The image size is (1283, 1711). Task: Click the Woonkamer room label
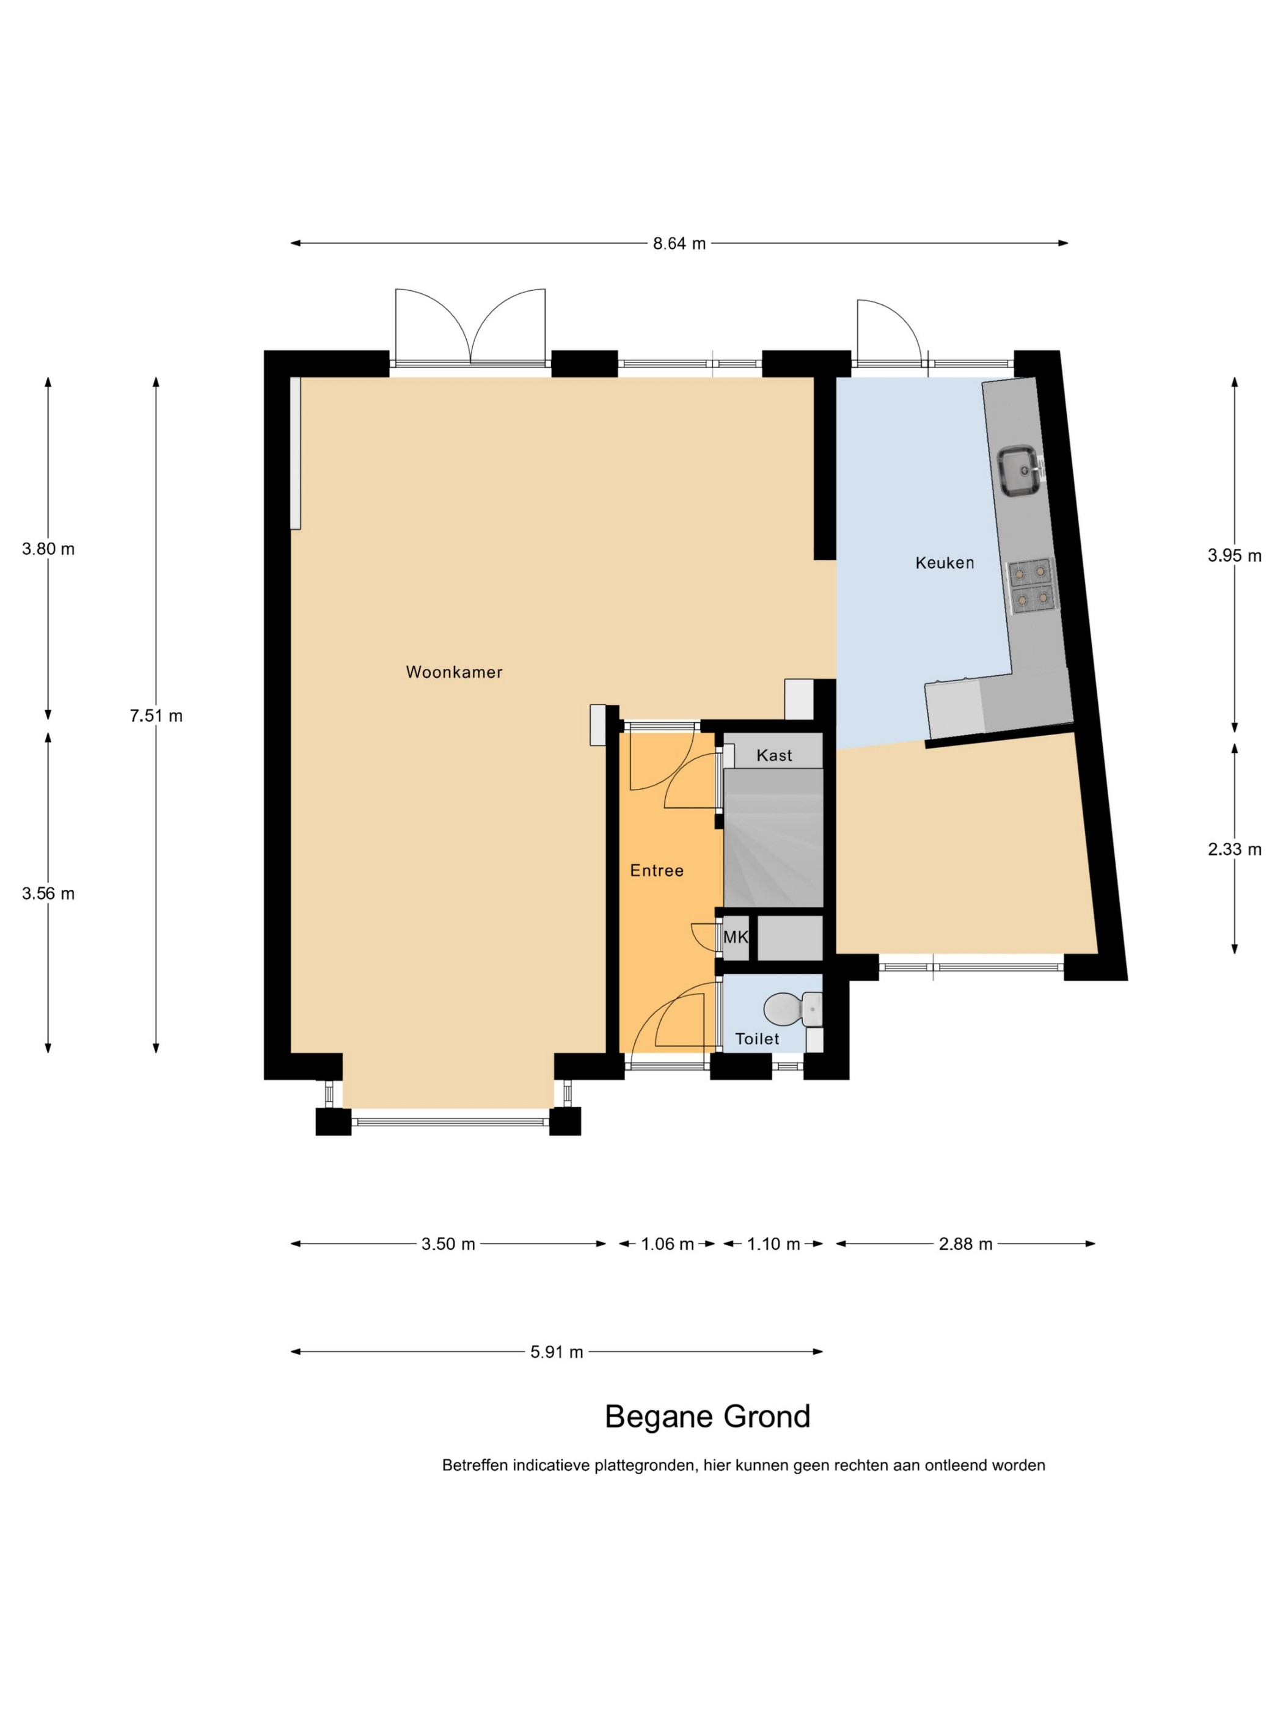click(454, 672)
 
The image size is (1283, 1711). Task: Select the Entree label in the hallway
click(657, 870)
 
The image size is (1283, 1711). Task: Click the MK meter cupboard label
click(736, 937)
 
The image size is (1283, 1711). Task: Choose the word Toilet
click(757, 1039)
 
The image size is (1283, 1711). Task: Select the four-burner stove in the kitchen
click(1031, 585)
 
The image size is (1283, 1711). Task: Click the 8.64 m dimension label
click(679, 244)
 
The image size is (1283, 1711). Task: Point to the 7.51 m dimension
click(156, 716)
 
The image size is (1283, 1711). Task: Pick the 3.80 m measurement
click(48, 549)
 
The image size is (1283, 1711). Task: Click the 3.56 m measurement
click(48, 893)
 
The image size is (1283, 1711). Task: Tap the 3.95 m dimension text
click(1234, 555)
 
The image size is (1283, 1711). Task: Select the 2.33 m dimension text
click(1234, 849)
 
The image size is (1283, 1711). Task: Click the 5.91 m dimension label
click(557, 1352)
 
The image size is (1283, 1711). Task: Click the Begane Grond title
click(707, 1416)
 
